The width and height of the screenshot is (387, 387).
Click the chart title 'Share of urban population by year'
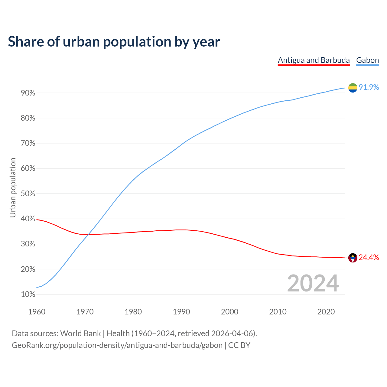point(114,42)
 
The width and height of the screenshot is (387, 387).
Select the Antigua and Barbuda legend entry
point(314,60)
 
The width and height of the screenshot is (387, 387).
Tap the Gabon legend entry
point(367,60)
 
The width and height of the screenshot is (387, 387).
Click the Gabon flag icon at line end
point(353,88)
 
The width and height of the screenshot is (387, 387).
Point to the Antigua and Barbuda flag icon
point(353,258)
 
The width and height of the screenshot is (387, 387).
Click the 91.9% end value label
point(369,87)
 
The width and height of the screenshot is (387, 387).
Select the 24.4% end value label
point(369,258)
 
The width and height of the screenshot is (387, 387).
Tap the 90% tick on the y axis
point(28,93)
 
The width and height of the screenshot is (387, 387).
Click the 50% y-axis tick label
point(28,194)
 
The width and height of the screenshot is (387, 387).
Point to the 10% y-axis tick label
point(28,294)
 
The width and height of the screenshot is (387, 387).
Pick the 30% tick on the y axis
point(28,244)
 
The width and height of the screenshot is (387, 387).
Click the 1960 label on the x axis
point(37,312)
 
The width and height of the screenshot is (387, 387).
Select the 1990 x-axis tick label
point(181,312)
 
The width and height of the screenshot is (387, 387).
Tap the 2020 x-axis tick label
point(326,312)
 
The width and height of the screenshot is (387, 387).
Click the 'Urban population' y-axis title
point(13,187)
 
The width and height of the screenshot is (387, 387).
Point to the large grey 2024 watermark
point(313,284)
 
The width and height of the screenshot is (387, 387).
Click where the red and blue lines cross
point(88,234)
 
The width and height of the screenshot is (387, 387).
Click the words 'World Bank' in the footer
point(80,333)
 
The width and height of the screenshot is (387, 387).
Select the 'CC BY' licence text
point(239,345)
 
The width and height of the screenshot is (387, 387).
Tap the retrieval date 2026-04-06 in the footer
point(232,333)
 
